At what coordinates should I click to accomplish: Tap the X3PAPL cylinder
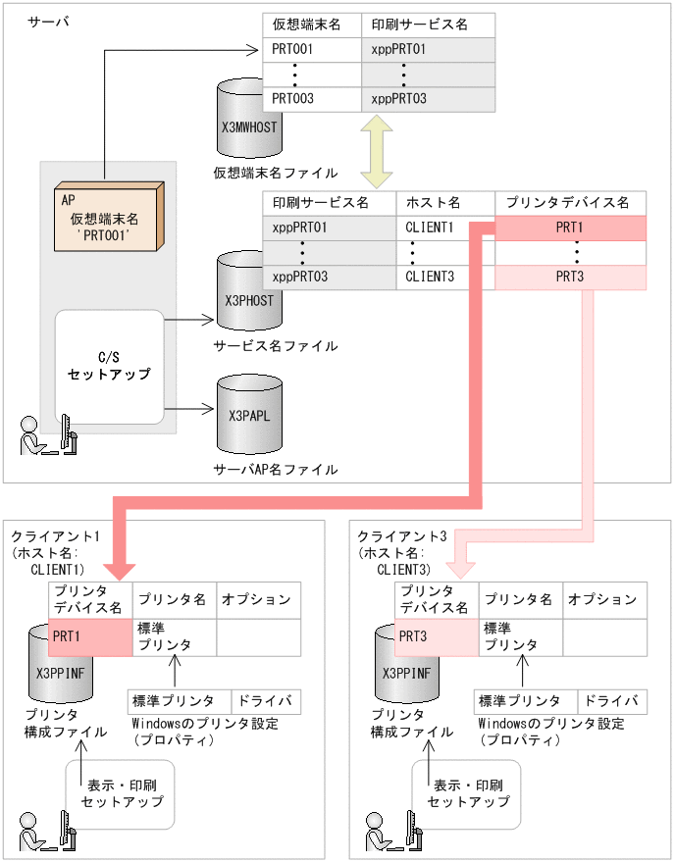click(x=248, y=412)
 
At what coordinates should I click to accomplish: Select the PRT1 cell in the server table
click(x=570, y=228)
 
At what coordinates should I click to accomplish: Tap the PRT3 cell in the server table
click(x=570, y=278)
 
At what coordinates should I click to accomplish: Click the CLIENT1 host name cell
click(x=430, y=228)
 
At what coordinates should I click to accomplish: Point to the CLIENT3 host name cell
click(x=430, y=278)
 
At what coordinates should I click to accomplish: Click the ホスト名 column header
click(x=445, y=203)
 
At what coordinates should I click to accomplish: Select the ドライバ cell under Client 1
click(x=266, y=701)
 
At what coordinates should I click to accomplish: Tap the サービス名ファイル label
click(x=275, y=346)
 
